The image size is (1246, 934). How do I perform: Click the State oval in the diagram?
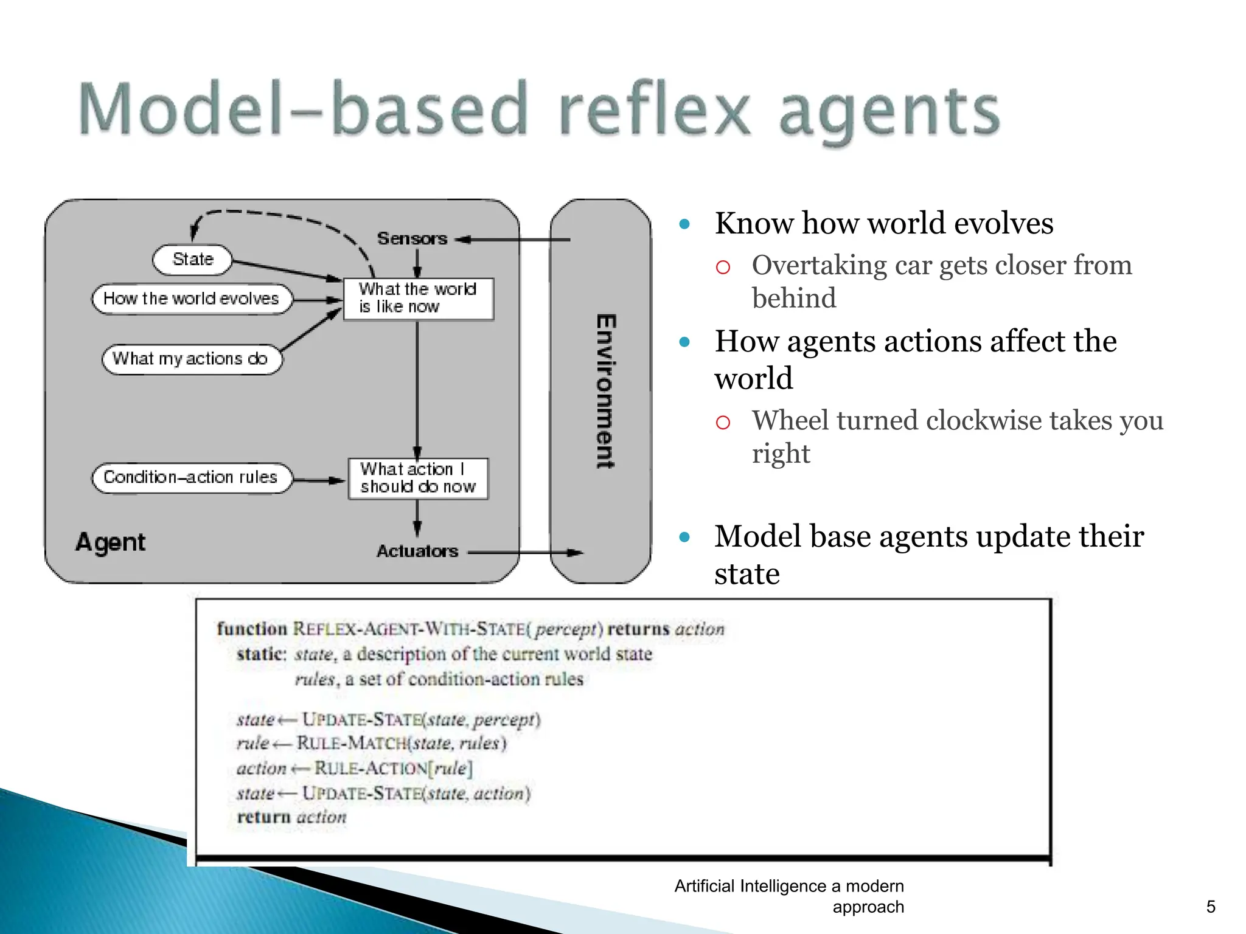coord(192,260)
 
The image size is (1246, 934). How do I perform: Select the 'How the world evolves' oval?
coord(191,299)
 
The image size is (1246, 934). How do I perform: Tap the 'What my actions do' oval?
coord(191,359)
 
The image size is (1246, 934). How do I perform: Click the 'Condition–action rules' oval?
coord(191,477)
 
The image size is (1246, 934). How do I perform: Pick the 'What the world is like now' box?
coord(418,298)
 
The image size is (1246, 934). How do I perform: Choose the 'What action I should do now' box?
coord(418,478)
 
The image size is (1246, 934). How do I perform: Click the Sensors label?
coord(412,238)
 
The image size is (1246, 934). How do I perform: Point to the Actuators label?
coord(417,551)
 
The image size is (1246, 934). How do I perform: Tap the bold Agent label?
coord(111,542)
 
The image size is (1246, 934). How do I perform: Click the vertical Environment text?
coord(605,392)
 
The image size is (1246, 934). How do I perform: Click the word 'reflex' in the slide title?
coord(654,109)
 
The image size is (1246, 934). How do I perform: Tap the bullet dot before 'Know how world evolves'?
coord(684,224)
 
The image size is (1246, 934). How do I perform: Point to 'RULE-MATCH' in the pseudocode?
coord(352,743)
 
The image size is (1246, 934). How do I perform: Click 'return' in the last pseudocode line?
coord(264,817)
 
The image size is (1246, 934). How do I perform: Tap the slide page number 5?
coord(1210,907)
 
